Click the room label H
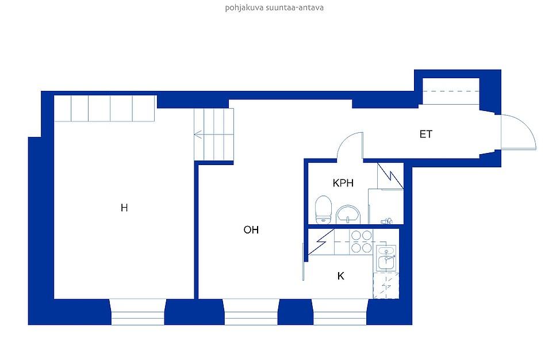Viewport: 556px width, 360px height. coord(124,208)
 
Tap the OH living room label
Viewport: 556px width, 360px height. coord(251,230)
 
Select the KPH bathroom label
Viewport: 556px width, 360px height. coord(343,183)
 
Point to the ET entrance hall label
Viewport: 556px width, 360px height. coord(426,134)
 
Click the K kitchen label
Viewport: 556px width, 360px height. coord(340,276)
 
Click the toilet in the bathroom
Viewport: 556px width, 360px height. coord(323,209)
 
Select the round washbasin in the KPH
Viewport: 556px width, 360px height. coord(348,215)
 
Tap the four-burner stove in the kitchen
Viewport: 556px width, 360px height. coord(361,242)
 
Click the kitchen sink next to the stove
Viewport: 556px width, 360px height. coord(386,258)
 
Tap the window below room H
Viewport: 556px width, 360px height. coord(138,312)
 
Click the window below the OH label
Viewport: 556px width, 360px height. coord(251,312)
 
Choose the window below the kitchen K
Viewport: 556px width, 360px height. coord(340,312)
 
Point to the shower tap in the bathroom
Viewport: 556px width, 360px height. coord(386,221)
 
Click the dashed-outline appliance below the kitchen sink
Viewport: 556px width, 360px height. coord(386,285)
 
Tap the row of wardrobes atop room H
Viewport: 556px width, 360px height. coord(105,109)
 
